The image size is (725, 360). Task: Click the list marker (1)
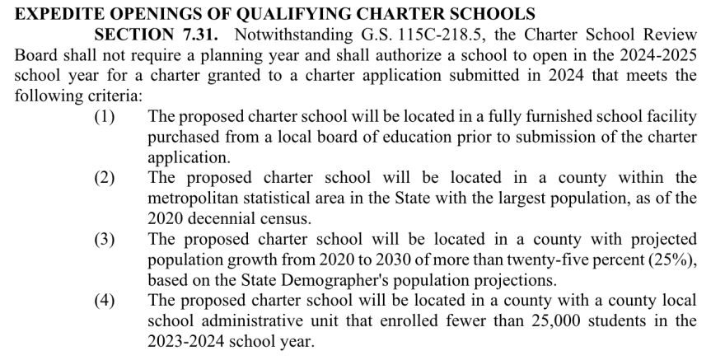pos(104,116)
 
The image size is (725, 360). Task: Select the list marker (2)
pos(104,178)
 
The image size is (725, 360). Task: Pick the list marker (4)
pos(104,301)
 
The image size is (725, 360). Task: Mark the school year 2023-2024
pos(185,341)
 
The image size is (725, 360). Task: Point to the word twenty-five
pos(549,259)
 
